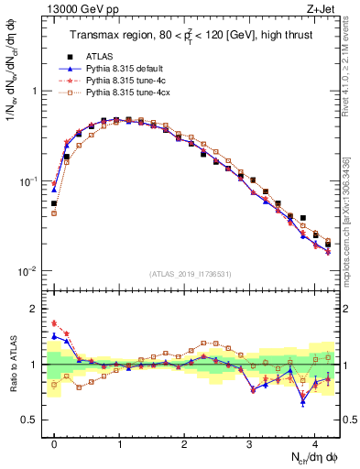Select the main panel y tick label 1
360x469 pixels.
tap(37, 92)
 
